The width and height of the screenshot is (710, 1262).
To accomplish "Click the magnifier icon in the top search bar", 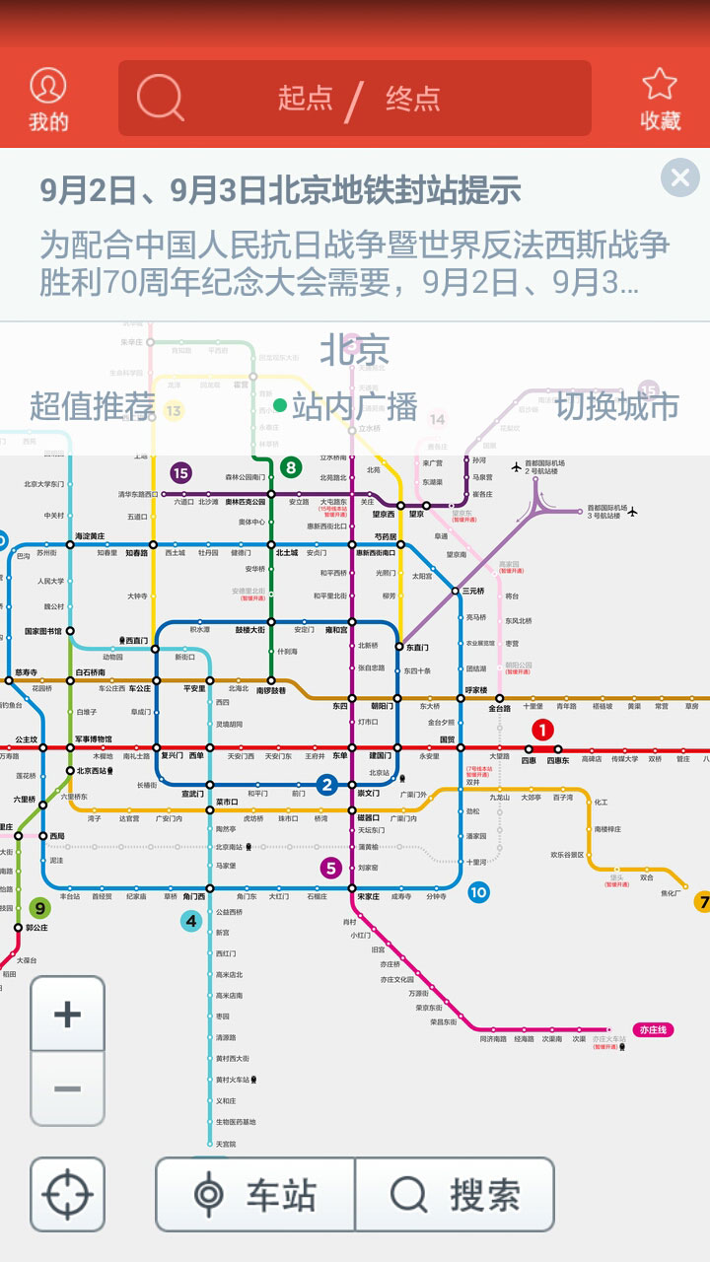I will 160,98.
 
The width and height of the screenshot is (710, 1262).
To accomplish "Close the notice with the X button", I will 679,177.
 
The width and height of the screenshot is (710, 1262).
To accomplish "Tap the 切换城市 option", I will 616,405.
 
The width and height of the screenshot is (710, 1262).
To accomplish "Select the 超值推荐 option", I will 93,405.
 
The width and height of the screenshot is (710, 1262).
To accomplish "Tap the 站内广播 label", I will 354,405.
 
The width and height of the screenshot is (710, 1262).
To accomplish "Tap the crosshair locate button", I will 67,1194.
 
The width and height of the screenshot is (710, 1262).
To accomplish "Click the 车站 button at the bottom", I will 255,1195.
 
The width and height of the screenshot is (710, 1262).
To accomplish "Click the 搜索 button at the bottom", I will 455,1195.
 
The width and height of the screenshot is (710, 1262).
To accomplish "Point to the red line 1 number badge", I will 543,730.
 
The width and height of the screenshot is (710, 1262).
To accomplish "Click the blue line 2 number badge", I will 326,785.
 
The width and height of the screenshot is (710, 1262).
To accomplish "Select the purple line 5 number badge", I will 331,868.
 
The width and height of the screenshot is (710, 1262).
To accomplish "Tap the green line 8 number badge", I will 290,467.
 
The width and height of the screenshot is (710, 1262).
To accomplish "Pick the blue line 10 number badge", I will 478,892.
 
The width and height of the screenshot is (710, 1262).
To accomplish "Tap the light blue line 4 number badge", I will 191,922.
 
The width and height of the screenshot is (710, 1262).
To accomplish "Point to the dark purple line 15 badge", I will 180,473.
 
